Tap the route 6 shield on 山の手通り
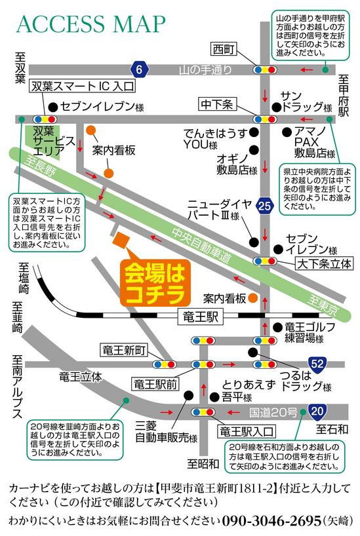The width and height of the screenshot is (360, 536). [x=138, y=68]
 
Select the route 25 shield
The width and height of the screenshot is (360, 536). [x=264, y=206]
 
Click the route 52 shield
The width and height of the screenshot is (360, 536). [x=317, y=362]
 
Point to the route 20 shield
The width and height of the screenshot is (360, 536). [x=317, y=412]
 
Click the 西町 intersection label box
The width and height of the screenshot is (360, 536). [x=224, y=48]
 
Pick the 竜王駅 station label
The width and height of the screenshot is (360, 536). [x=200, y=318]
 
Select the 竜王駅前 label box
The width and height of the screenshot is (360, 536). [x=155, y=383]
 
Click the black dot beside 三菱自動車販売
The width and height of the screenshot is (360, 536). [x=188, y=395]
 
